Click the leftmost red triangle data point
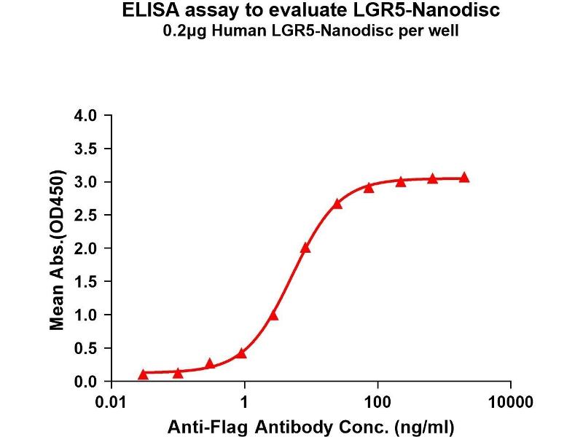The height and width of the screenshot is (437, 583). click(x=144, y=374)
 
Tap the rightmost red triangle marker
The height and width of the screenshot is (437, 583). click(x=464, y=178)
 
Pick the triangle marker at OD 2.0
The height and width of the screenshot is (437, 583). click(x=305, y=248)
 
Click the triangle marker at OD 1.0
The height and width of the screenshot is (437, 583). click(x=273, y=315)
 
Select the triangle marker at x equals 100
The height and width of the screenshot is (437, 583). click(x=369, y=188)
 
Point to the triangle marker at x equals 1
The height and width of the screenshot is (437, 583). click(x=241, y=353)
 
